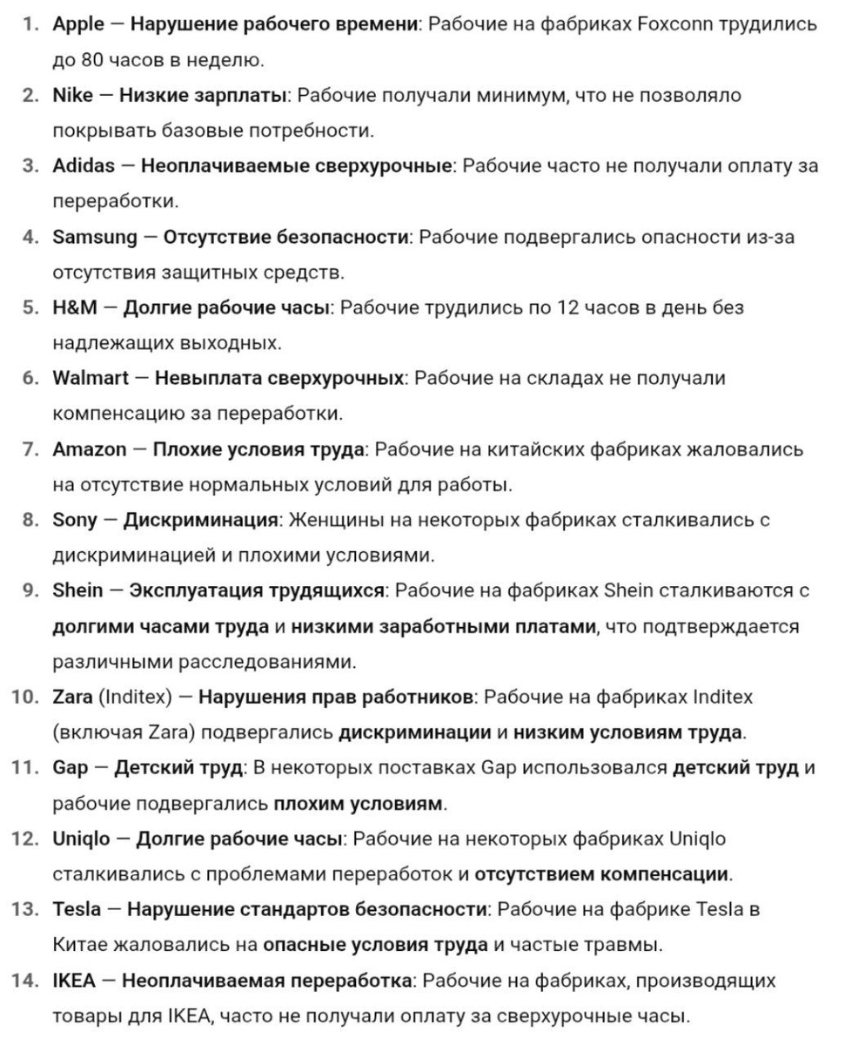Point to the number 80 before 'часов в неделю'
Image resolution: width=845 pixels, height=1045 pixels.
(93, 61)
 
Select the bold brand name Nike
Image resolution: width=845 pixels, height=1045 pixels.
(72, 96)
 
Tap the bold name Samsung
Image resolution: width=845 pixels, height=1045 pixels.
(95, 237)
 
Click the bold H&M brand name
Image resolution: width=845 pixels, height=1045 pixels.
(75, 307)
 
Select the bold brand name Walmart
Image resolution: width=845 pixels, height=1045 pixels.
(90, 378)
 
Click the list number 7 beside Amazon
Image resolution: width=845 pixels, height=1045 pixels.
(31, 449)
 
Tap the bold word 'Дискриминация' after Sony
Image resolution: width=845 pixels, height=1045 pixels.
(200, 520)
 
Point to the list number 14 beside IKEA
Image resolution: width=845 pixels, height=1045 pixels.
(25, 981)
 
